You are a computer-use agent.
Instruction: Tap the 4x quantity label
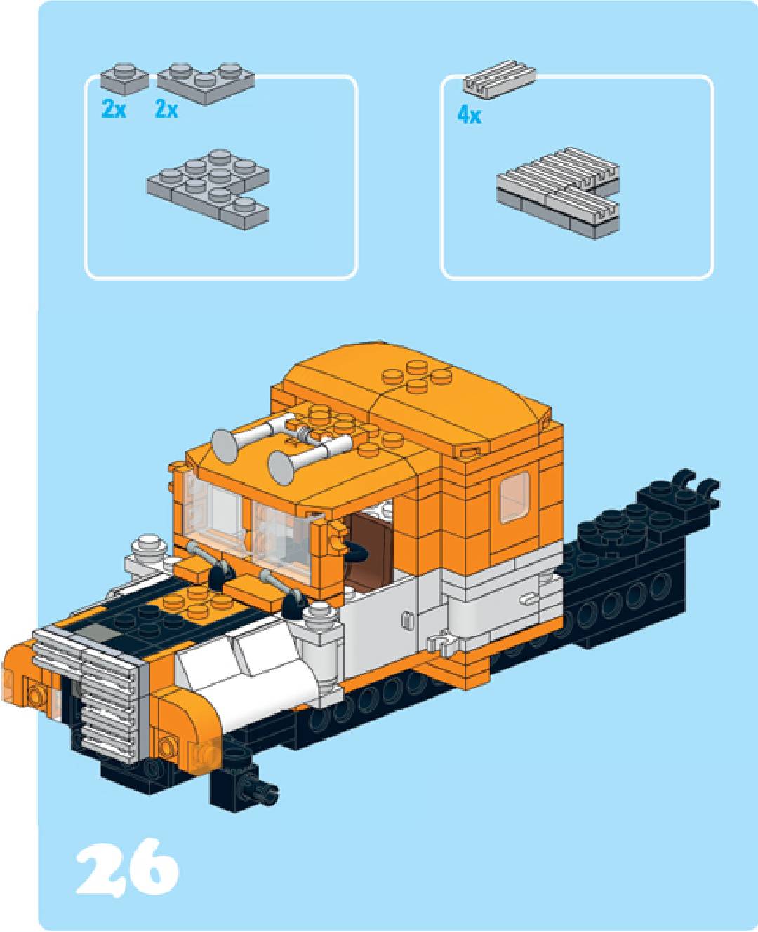(469, 116)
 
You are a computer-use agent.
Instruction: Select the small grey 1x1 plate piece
(124, 79)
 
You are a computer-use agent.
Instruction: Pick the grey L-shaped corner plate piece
(206, 83)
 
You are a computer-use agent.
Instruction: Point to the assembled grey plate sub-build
(208, 189)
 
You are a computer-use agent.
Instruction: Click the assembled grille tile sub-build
(558, 193)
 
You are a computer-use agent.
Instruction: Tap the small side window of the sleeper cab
(514, 497)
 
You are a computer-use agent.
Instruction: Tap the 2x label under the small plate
(114, 109)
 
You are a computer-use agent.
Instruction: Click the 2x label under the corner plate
(166, 109)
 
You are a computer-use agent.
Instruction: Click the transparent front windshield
(250, 525)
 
